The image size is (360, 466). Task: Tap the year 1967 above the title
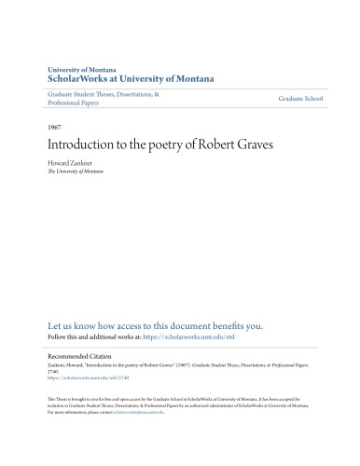click(54, 124)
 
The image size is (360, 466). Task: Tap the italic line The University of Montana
click(76, 171)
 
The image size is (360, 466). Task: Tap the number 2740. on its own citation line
click(53, 374)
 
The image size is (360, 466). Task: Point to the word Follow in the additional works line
click(57, 338)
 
